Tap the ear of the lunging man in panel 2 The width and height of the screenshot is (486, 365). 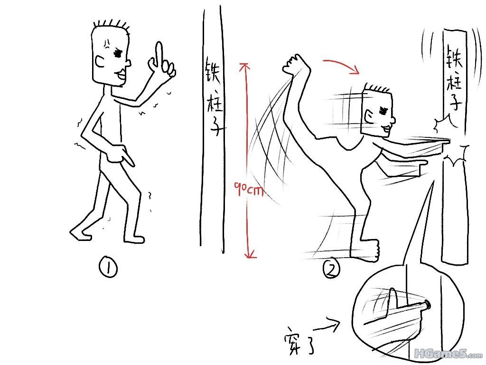tap(368, 117)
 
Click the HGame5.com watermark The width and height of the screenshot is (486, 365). tap(448, 353)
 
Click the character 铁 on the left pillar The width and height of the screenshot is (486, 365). tap(212, 70)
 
